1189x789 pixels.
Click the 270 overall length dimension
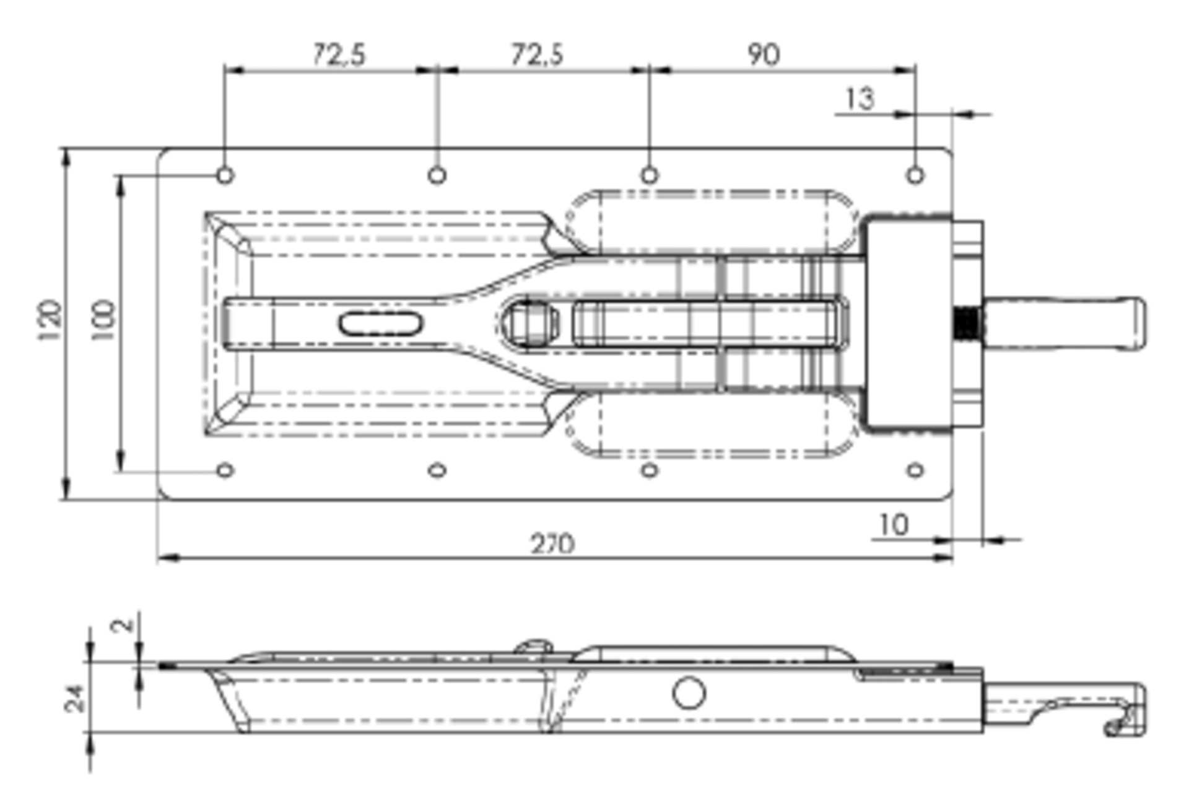tap(552, 544)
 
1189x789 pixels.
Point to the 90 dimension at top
tap(764, 55)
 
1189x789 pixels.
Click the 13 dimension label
tap(860, 99)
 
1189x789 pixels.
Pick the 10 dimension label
tap(894, 526)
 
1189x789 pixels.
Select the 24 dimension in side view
tap(74, 699)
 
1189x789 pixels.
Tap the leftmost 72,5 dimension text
tap(339, 55)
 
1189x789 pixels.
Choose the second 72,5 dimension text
tap(537, 55)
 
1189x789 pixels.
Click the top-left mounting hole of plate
tap(225, 175)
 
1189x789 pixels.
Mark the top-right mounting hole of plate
tap(915, 175)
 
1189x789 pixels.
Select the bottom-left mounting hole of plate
tap(225, 470)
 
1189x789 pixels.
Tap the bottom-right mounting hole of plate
tap(915, 470)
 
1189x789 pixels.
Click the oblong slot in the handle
tap(380, 324)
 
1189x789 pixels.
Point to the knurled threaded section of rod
tap(966, 323)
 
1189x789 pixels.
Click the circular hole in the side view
tap(689, 692)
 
